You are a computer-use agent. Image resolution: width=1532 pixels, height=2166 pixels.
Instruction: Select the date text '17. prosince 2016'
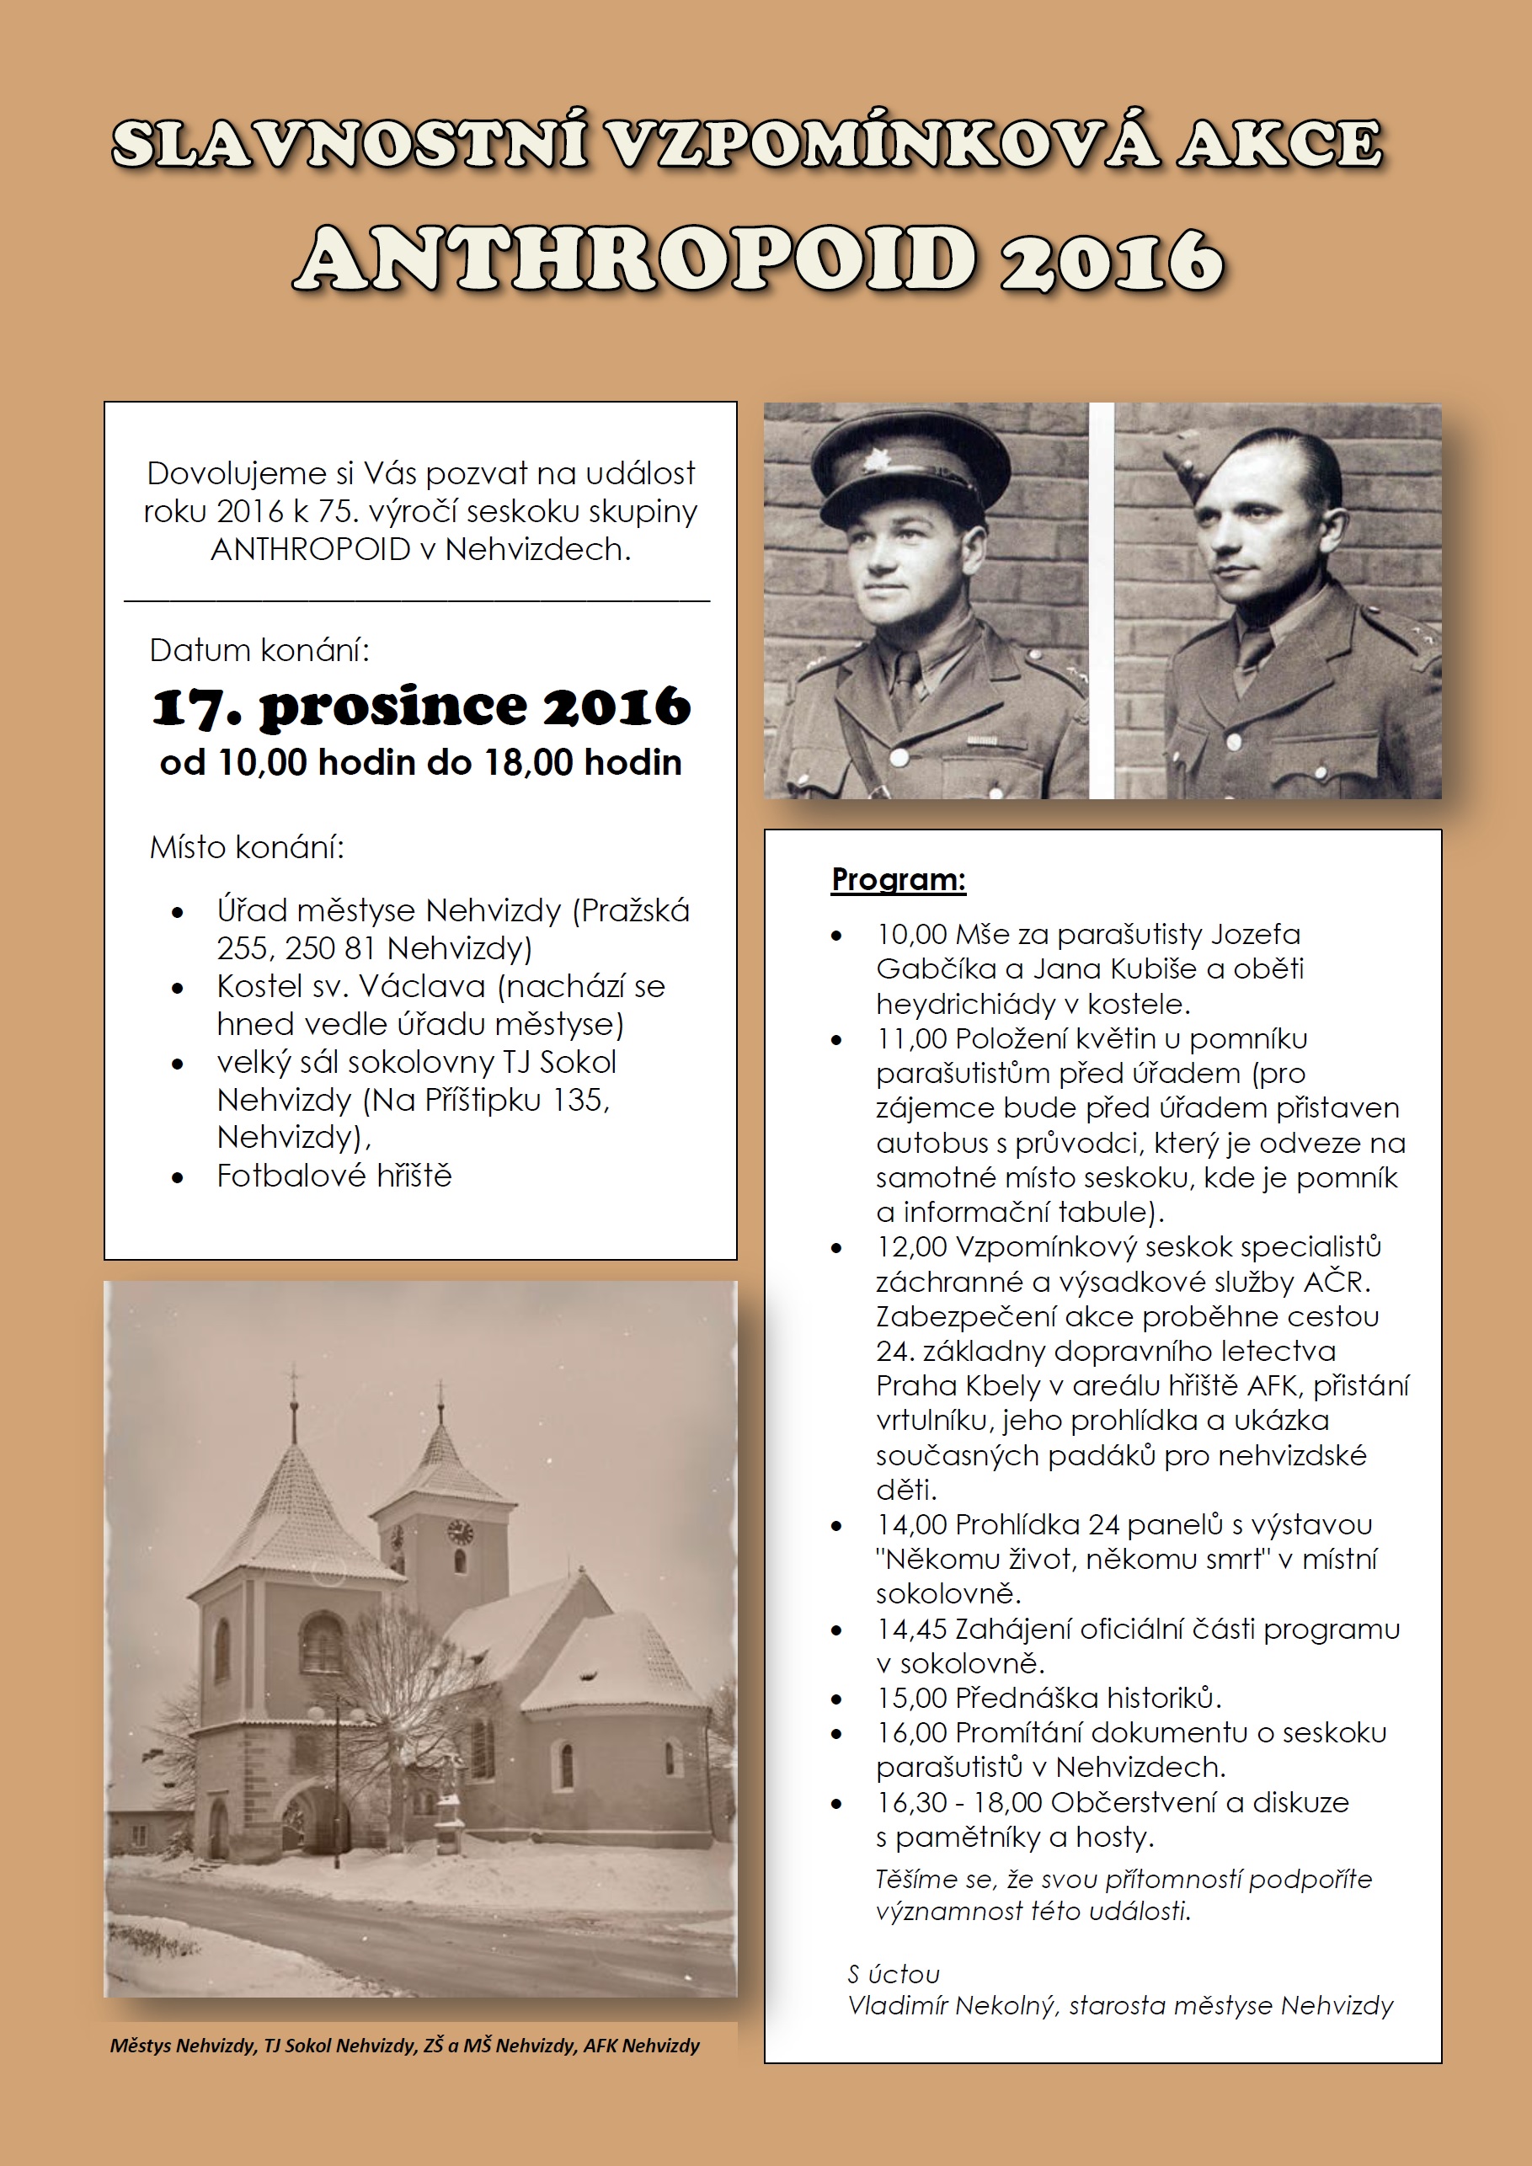tap(421, 707)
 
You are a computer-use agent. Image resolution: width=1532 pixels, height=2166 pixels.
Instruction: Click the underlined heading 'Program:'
tap(898, 879)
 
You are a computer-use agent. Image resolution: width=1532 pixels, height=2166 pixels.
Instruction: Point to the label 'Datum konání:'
tap(259, 650)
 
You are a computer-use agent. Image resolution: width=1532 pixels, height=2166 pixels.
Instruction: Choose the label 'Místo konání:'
tap(247, 847)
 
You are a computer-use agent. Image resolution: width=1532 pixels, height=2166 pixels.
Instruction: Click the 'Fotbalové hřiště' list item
tap(334, 1176)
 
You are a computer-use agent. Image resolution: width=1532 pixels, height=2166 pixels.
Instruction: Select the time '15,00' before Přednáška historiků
tap(911, 1698)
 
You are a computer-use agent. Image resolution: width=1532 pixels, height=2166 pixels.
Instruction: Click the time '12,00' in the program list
tap(911, 1247)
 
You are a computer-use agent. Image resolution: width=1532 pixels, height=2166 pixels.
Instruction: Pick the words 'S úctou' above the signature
tap(893, 1973)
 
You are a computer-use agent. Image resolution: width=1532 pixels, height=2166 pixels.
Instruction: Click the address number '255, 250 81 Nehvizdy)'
tap(375, 947)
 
